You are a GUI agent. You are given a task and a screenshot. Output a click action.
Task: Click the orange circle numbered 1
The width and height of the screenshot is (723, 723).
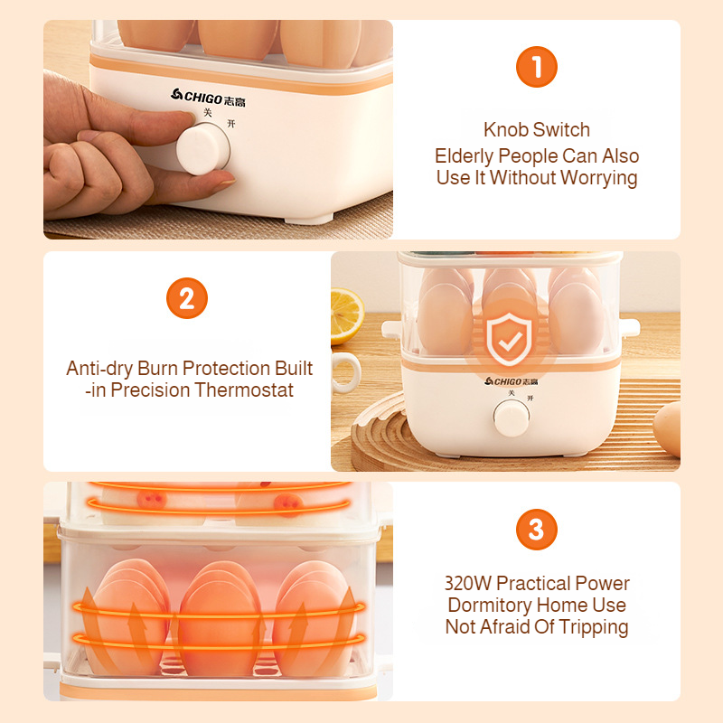[x=536, y=67]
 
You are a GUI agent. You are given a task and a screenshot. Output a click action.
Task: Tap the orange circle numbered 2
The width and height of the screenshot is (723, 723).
[x=187, y=298]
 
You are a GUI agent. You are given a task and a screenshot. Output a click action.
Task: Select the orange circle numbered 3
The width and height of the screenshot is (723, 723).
[x=536, y=530]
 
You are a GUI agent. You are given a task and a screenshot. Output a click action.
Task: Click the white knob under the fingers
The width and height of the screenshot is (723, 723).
[x=202, y=148]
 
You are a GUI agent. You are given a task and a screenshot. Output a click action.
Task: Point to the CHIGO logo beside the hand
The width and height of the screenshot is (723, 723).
[x=208, y=98]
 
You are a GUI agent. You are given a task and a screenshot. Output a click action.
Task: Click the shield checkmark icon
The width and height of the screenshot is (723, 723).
[x=509, y=338]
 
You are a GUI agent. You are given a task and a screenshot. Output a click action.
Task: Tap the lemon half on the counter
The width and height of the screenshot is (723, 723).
[x=346, y=315]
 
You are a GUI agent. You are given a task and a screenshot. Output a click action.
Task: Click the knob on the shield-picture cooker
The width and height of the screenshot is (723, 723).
[x=511, y=418]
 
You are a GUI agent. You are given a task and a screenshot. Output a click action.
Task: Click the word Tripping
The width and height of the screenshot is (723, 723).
[x=594, y=627]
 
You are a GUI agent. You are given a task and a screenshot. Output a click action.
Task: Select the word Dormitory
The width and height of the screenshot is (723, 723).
[x=490, y=606]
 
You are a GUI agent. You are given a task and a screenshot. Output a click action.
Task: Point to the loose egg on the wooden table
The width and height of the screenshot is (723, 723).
[x=667, y=429]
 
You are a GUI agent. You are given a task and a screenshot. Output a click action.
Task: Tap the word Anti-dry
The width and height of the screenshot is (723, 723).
[x=99, y=369]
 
